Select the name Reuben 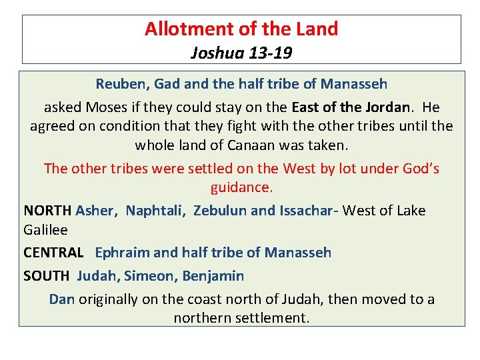tap(122, 84)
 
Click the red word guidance tap(241, 187)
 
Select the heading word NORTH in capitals tap(47, 211)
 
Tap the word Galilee tap(45, 229)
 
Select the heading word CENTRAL tap(53, 253)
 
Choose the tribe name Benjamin tap(213, 275)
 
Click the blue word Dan tap(61, 299)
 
